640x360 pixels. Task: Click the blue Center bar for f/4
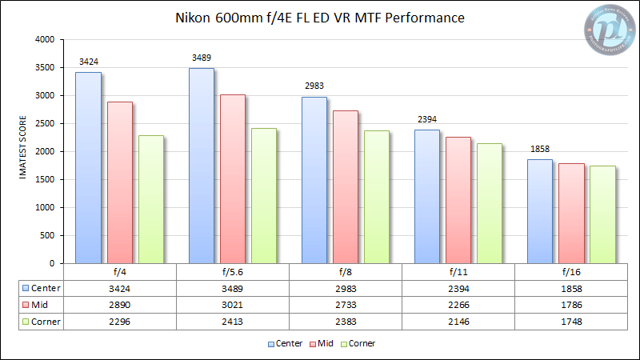89,168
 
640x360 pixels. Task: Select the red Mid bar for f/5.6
233,179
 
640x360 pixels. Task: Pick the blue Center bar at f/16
540,211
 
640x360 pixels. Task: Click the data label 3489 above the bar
201,58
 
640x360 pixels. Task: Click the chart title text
319,17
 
